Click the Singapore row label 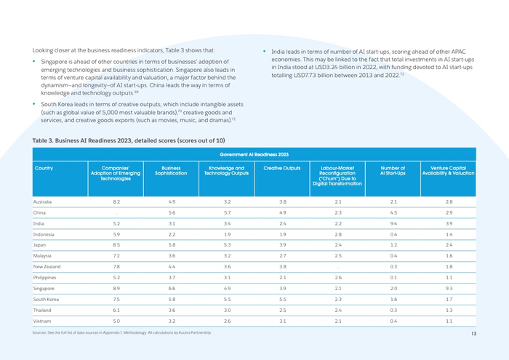pos(44,287)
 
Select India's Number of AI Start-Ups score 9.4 pos(393,223)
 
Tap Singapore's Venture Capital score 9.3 pos(449,287)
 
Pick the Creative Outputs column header pos(282,168)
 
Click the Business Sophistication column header pos(172,171)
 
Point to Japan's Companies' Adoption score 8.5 pos(116,245)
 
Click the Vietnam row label pos(42,320)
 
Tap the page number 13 pos(473,334)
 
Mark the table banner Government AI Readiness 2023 pos(254,154)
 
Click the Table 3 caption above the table pos(129,140)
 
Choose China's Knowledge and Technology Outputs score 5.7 pos(228,212)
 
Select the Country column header pos(44,168)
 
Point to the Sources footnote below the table pos(122,332)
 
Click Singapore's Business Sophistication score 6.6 pos(172,287)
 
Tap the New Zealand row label pos(47,266)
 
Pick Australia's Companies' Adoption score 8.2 pos(116,201)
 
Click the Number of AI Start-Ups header pos(393,171)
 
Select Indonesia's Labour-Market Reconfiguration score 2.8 pos(337,234)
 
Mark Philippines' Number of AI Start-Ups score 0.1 pos(393,277)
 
